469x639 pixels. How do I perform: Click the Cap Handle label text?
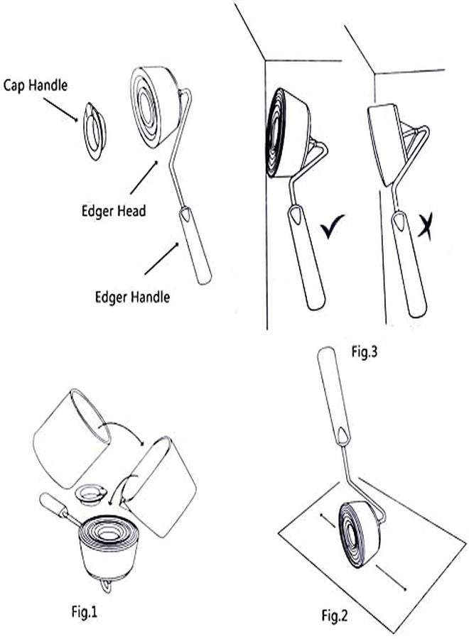pos(36,86)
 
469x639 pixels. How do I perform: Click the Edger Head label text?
pos(114,211)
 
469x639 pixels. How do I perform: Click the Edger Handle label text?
pos(133,297)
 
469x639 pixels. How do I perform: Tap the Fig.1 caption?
pos(85,612)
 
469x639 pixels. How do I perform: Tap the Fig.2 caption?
pos(335,616)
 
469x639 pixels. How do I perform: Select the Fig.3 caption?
pos(365,351)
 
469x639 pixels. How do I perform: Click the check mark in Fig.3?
pos(332,226)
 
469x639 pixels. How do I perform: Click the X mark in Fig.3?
pos(425,227)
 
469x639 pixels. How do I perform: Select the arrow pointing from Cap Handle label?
pos(60,109)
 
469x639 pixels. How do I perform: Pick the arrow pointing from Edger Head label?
pos(144,177)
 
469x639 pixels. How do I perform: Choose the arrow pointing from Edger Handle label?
pos(161,258)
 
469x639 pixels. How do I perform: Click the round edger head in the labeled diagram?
pos(155,106)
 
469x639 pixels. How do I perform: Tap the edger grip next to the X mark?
pos(409,264)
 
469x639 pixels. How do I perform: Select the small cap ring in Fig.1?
pos(91,495)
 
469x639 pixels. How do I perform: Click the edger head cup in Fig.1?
pos(109,549)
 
